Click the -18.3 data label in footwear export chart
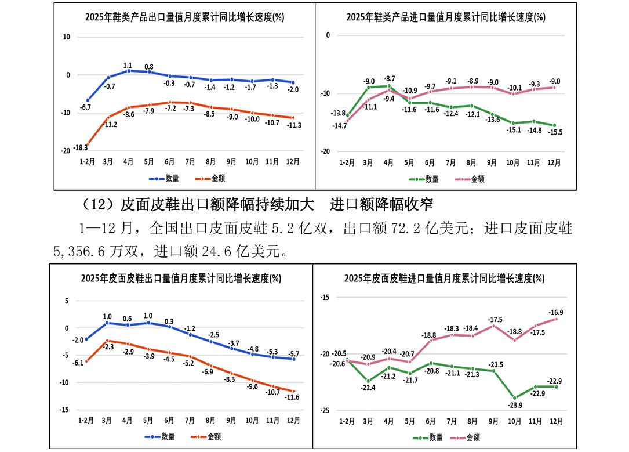coord(81,149)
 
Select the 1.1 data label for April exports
coord(128,65)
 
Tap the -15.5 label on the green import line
coord(556,132)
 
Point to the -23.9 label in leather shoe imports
coord(515,405)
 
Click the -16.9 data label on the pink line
coord(555,312)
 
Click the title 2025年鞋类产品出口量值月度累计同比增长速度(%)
coord(184,17)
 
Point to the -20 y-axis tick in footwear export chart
coord(66,151)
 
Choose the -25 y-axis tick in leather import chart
coord(325,410)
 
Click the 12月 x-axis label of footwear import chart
coord(554,163)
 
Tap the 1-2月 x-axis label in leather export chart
coord(86,420)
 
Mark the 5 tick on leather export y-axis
coord(67,301)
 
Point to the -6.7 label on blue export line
coord(85,108)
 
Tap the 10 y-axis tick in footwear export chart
coord(66,37)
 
